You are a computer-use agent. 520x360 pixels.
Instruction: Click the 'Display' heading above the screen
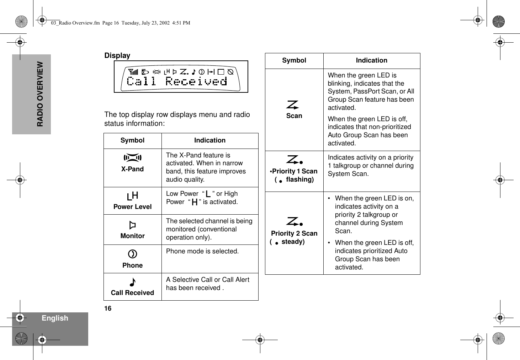click(117, 56)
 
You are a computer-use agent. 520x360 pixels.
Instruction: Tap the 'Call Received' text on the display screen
click(177, 82)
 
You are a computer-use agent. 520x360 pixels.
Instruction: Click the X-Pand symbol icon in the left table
click(132, 158)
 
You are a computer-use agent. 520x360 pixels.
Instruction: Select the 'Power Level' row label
click(132, 207)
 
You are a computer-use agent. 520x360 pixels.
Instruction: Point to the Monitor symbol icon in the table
click(132, 225)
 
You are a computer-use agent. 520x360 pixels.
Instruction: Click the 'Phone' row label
click(132, 265)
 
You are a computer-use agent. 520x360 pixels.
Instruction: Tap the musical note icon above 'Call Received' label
click(132, 283)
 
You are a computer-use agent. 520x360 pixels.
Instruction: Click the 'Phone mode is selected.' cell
click(202, 251)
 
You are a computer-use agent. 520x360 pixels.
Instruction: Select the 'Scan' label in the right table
click(294, 116)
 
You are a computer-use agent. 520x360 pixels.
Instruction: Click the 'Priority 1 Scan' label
click(295, 171)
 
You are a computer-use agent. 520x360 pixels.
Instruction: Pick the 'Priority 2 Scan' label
click(294, 233)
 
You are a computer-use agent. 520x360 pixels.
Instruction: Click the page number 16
click(108, 308)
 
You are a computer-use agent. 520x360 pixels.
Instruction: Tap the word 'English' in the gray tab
click(55, 318)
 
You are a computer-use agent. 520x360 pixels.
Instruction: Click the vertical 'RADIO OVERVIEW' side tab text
click(40, 94)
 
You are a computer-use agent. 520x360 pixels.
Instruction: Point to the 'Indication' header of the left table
click(209, 140)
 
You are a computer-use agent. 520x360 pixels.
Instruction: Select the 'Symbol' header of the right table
click(294, 60)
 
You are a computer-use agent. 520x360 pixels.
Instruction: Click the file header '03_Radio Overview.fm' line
click(121, 23)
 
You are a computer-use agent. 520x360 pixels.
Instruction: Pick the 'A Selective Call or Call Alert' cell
click(208, 284)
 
